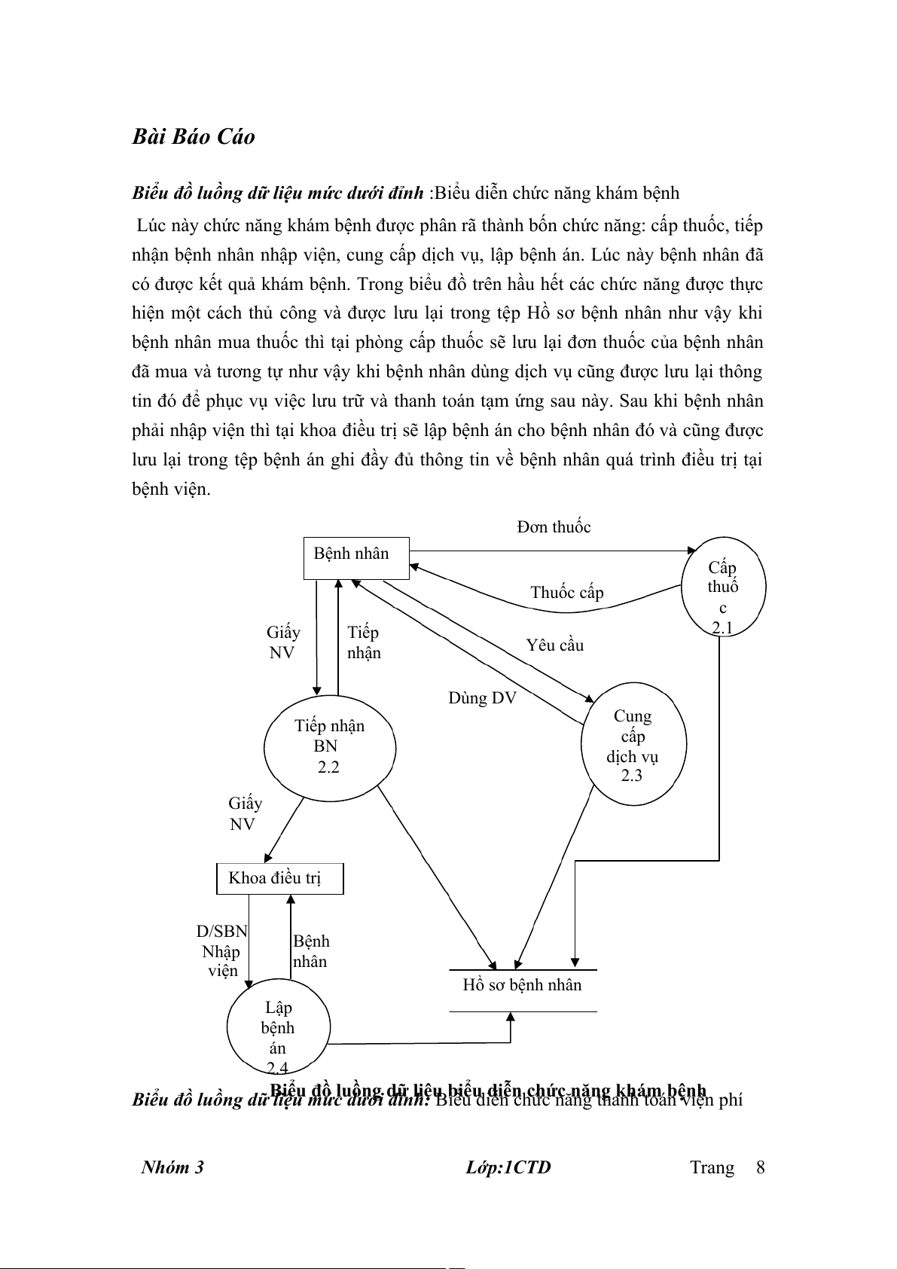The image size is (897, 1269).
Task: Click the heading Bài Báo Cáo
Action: coord(194,136)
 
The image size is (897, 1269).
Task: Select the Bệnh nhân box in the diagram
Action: coord(355,557)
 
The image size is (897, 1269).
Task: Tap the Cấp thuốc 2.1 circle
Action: coord(723,587)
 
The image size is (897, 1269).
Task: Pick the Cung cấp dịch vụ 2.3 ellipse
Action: coord(633,744)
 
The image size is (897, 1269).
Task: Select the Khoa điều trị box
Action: coord(279,878)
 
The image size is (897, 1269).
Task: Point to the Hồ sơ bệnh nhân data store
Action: coord(523,986)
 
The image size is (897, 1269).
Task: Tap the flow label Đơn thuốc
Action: coord(554,527)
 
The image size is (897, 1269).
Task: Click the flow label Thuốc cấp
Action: coord(566,593)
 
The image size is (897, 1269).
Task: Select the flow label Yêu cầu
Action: coord(555,645)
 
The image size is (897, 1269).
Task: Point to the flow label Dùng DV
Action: coord(482,698)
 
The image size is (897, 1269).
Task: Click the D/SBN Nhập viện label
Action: coord(221,950)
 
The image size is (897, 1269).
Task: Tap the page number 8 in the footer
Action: coord(760,1167)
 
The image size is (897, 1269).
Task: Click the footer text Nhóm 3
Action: coord(172,1167)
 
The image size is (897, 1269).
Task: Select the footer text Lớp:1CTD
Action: coord(508,1167)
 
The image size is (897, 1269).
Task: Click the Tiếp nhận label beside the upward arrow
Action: coord(364,642)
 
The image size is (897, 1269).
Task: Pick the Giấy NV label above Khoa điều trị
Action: coord(245,813)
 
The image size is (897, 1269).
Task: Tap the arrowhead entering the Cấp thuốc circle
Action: coord(693,551)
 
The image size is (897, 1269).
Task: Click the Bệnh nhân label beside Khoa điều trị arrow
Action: coord(310,951)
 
